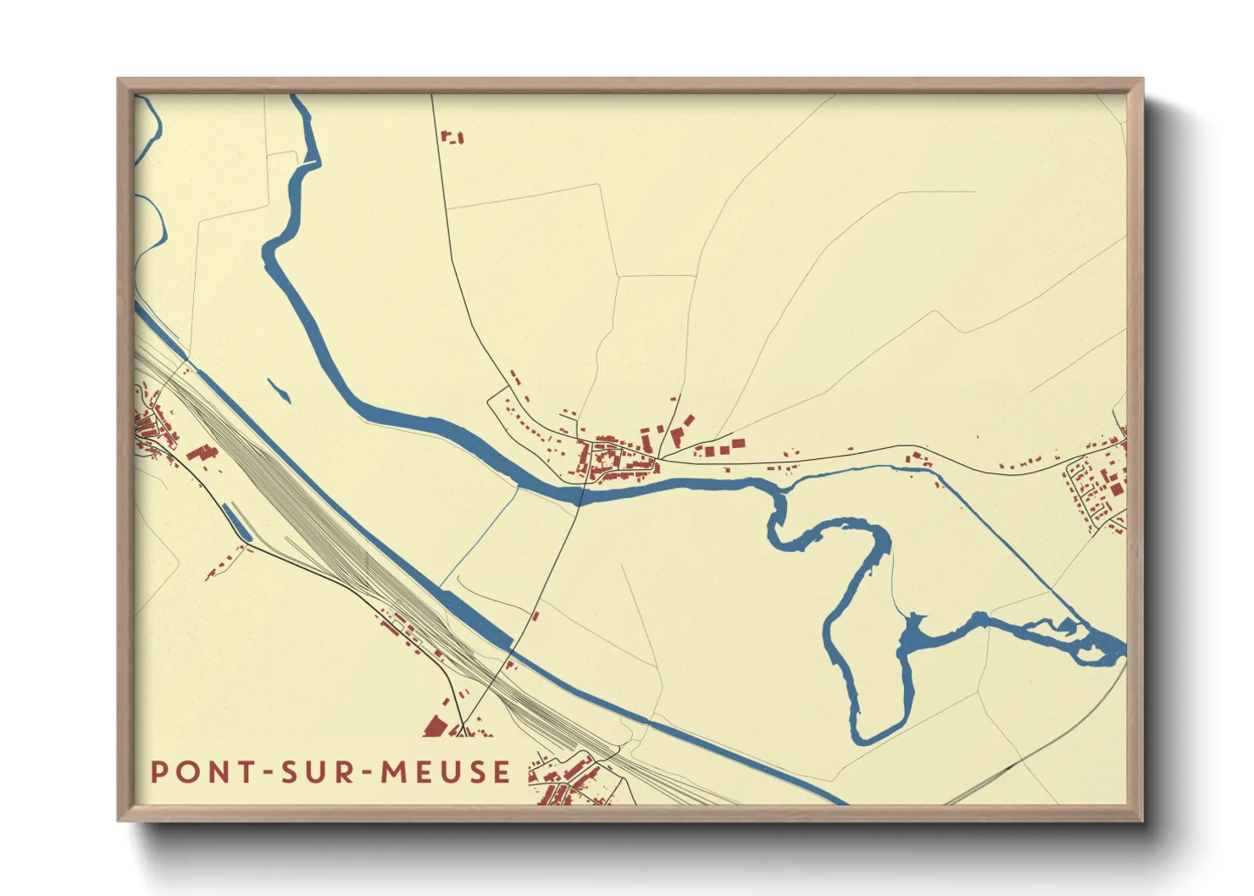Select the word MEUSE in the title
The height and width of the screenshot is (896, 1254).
(446, 772)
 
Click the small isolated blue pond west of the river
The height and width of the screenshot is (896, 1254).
(278, 390)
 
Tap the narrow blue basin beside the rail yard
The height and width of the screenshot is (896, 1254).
(236, 522)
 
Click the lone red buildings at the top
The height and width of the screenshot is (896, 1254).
(452, 136)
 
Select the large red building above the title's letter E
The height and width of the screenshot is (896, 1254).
(436, 726)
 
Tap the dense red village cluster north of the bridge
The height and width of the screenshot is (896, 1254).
(614, 457)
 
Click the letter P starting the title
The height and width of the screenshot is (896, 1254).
(158, 772)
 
